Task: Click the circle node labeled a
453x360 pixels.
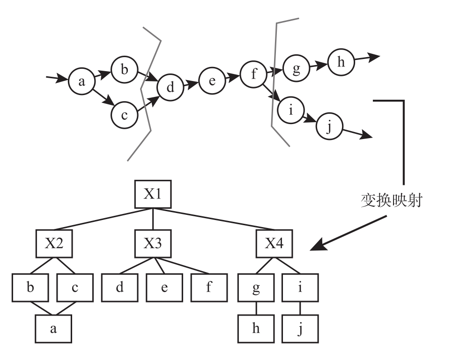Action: coord(82,82)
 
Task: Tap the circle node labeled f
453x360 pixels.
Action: coord(253,75)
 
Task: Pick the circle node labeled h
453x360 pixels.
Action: coord(341,63)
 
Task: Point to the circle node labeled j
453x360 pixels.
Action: coord(329,127)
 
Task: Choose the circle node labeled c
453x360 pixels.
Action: coord(124,115)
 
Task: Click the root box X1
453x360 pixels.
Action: coord(153,194)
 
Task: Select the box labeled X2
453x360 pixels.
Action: coord(54,243)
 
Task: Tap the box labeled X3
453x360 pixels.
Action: coord(153,243)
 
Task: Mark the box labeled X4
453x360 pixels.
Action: coord(274,243)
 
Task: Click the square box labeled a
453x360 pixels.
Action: coord(53,329)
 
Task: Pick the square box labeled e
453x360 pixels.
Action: coord(164,287)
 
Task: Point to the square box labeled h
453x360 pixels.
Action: coord(256,329)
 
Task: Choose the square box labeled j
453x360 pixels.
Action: coord(300,329)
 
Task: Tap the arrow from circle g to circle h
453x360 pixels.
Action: coord(319,66)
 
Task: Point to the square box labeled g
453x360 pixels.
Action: coord(256,287)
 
